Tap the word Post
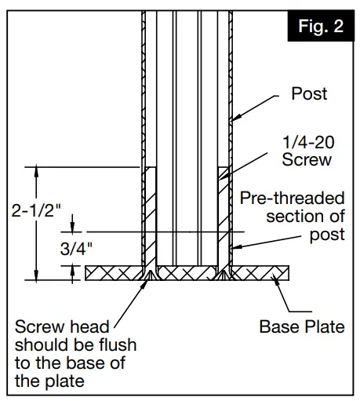[309, 94]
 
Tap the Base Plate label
[302, 326]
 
